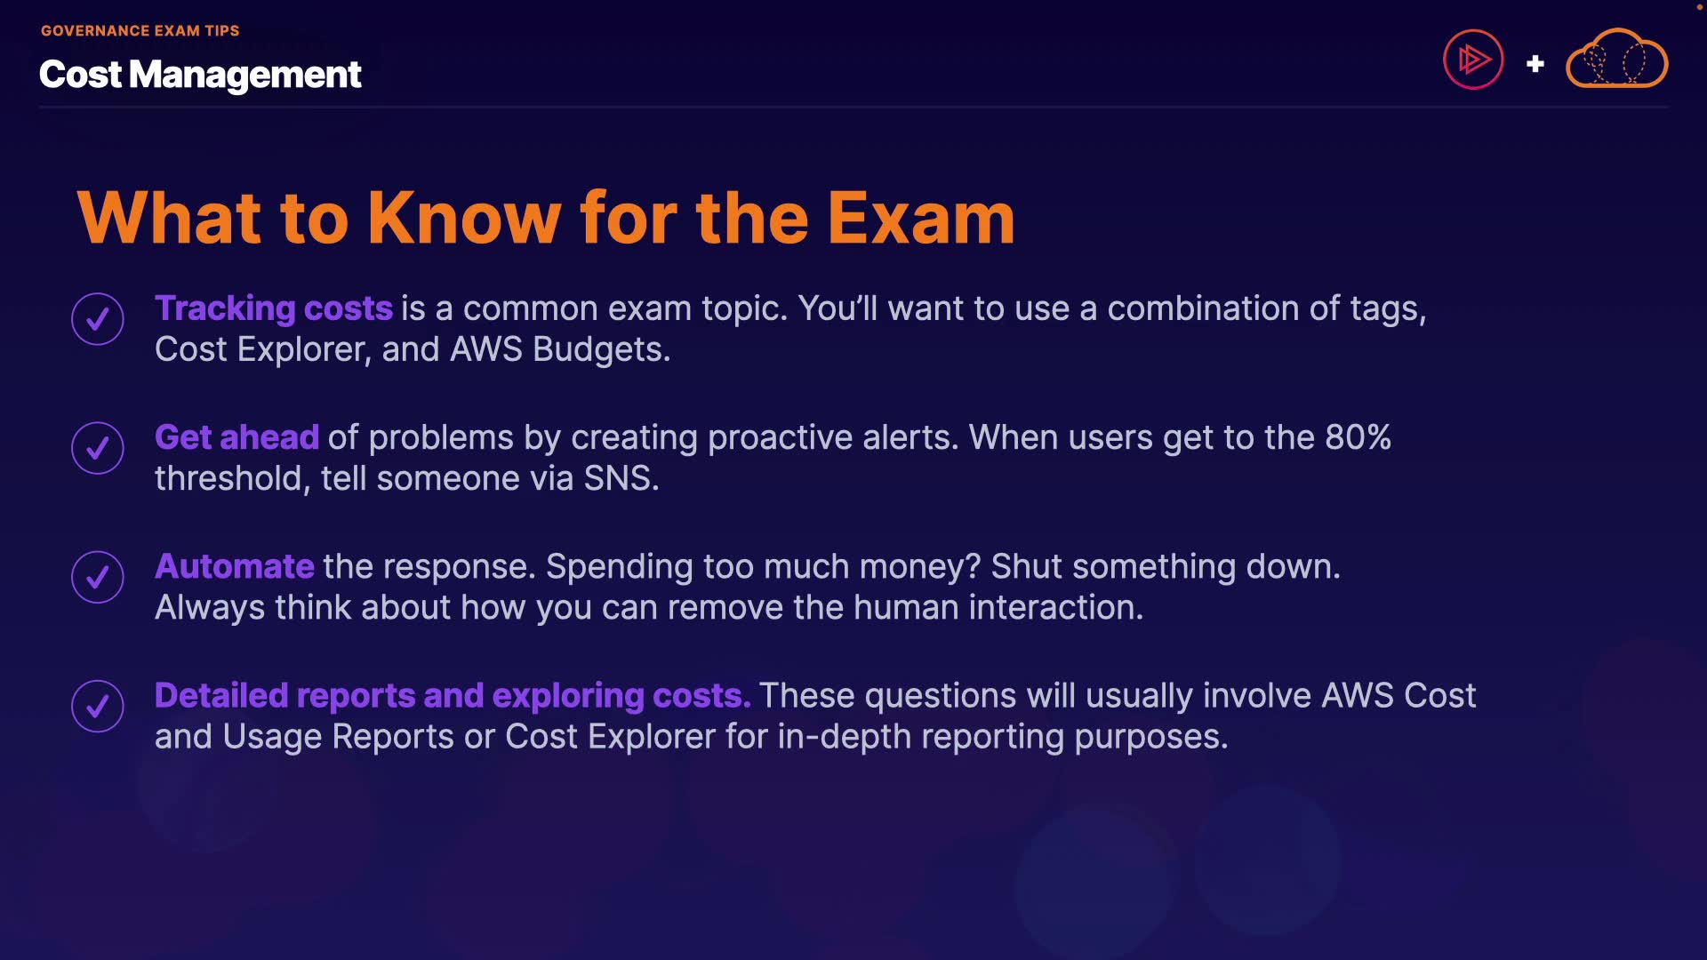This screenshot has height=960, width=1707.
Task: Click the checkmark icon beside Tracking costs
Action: click(98, 318)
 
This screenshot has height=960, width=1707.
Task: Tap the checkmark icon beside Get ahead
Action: click(98, 448)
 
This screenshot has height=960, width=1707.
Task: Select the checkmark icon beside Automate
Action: click(98, 577)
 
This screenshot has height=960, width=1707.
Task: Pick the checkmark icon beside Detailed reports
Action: click(98, 706)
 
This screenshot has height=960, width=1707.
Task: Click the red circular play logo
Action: click(1473, 60)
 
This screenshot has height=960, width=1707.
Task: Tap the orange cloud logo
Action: click(1616, 59)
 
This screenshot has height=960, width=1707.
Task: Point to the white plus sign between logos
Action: click(1535, 64)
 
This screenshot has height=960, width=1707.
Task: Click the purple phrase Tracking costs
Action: click(274, 308)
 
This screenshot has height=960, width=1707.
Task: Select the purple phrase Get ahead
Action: click(236, 437)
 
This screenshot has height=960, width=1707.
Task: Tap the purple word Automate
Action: click(235, 566)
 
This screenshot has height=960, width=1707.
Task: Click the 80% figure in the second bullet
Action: click(1358, 437)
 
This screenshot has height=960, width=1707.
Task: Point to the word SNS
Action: click(621, 478)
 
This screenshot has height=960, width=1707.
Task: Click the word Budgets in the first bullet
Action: click(601, 349)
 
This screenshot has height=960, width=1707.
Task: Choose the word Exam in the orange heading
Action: click(921, 218)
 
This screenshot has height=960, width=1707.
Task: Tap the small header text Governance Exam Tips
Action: click(140, 30)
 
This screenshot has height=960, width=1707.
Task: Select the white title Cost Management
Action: click(200, 75)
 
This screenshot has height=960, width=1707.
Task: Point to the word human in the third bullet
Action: click(906, 607)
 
